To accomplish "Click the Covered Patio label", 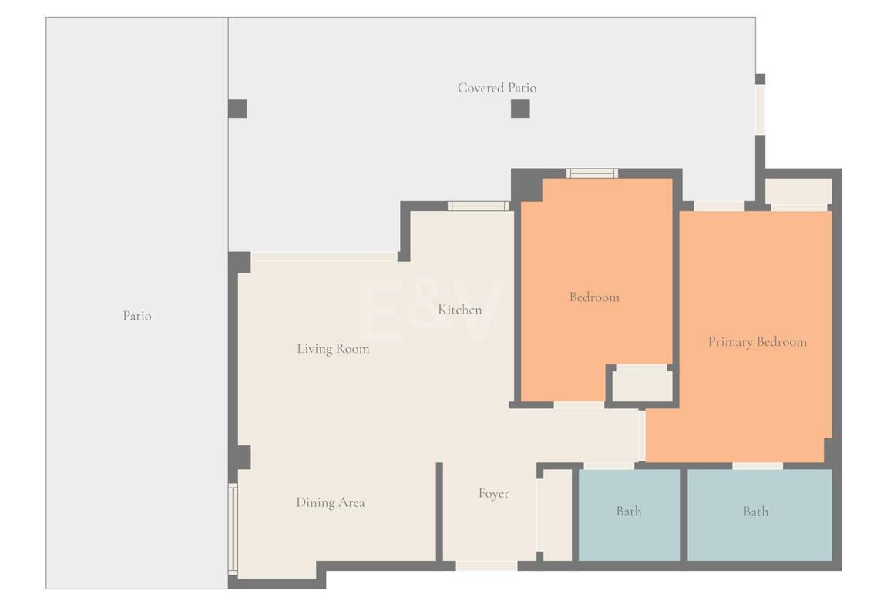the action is [x=497, y=88].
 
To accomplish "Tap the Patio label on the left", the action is [x=137, y=316].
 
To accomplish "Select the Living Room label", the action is [x=333, y=349].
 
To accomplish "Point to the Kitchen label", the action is [x=460, y=309].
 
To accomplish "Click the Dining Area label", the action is [x=331, y=502].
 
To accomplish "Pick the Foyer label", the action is [x=493, y=493].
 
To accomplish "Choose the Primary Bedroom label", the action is [x=758, y=341].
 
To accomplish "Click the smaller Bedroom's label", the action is [x=594, y=297].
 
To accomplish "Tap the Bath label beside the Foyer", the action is [x=629, y=511].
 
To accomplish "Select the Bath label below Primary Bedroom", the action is [x=756, y=511].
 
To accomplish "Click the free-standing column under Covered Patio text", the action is [x=520, y=109].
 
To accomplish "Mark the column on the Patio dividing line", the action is [x=237, y=109].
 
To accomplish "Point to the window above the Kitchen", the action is [x=479, y=206].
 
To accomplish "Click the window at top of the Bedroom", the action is [x=593, y=173].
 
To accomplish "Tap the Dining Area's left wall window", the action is [x=233, y=528].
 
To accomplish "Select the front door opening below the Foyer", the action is [x=486, y=565].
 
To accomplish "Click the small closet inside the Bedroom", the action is [x=642, y=386].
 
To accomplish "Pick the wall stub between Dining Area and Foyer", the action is [x=439, y=512].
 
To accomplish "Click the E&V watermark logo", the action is [x=431, y=311].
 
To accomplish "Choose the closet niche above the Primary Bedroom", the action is [x=798, y=192].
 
